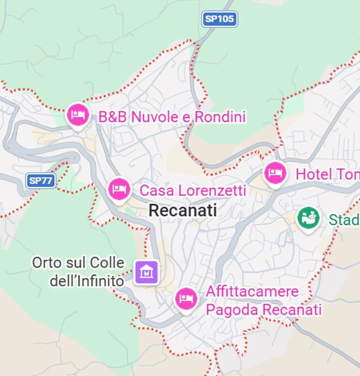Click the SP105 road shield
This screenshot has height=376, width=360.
219,19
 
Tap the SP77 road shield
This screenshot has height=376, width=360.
40,180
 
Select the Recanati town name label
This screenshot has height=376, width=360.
183,211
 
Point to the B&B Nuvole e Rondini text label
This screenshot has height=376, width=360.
171,117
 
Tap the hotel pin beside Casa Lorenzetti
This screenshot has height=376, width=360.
119,188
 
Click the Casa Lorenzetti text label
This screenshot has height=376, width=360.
192,190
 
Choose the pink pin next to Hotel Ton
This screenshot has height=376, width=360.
275,173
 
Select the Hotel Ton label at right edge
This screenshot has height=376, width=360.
327,174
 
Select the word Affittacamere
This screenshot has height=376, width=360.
252,292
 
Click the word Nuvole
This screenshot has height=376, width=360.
155,117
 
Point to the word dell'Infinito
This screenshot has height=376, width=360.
87,281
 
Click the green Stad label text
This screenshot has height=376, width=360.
344,219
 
